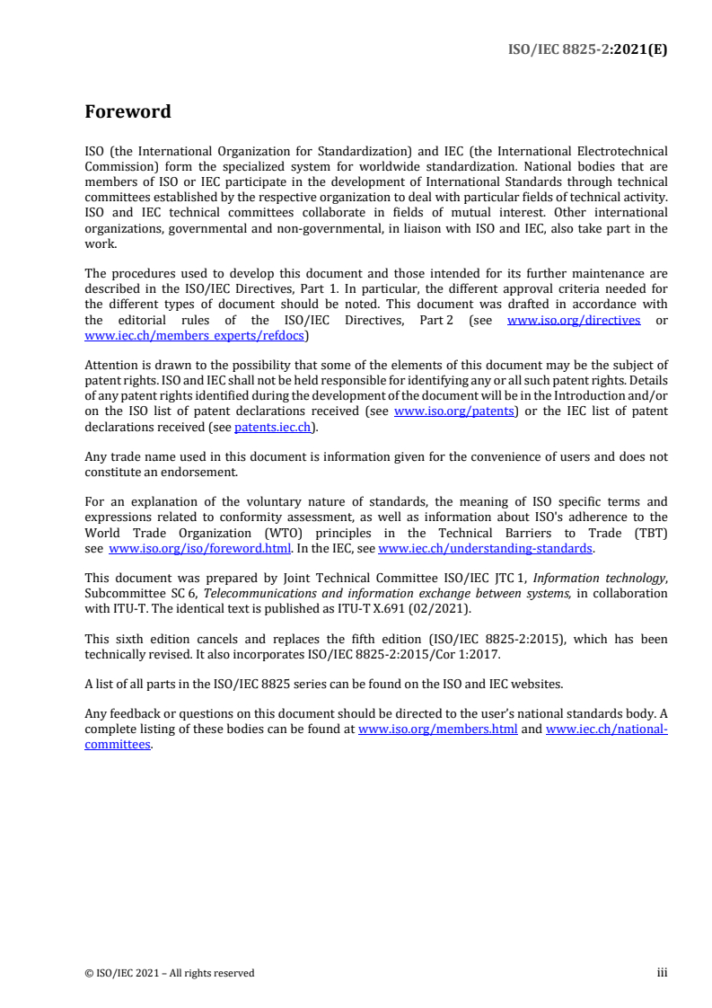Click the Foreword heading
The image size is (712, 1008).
[127, 112]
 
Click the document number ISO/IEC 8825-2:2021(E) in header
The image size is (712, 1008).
[588, 49]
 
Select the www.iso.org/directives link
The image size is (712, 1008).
[574, 320]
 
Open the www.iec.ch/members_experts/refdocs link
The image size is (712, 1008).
[195, 335]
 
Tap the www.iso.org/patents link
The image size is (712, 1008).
[454, 411]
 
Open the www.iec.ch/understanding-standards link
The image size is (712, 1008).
[485, 548]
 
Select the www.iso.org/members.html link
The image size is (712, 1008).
[437, 729]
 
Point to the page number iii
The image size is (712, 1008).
[662, 972]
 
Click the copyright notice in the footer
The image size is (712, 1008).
[170, 973]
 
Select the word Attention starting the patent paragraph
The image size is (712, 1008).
[113, 366]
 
